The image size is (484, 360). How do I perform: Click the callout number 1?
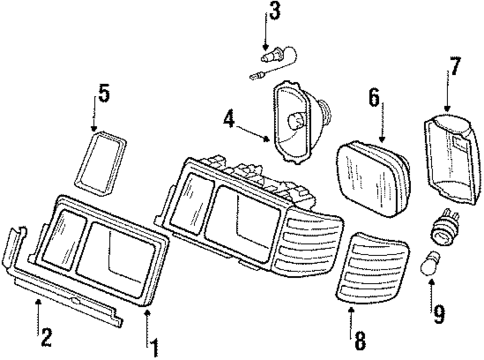pos(155,348)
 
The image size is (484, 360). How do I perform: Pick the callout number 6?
pos(375,97)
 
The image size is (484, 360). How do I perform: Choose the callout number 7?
pos(454,69)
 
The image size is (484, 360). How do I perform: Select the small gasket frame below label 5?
pos(102,165)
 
